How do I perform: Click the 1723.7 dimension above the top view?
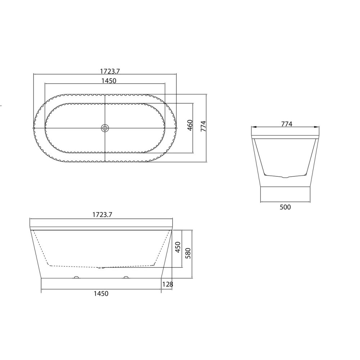[x=110, y=71]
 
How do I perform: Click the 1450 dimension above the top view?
[x=109, y=81]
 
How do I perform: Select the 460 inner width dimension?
[x=190, y=125]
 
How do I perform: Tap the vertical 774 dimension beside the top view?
[x=203, y=126]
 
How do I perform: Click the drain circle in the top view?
[x=105, y=128]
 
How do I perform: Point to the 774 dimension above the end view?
[x=287, y=124]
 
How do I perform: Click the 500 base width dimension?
[x=285, y=207]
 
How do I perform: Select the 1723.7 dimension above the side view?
[x=102, y=215]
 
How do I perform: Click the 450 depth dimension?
[x=178, y=247]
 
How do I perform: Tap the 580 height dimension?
[x=188, y=253]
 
